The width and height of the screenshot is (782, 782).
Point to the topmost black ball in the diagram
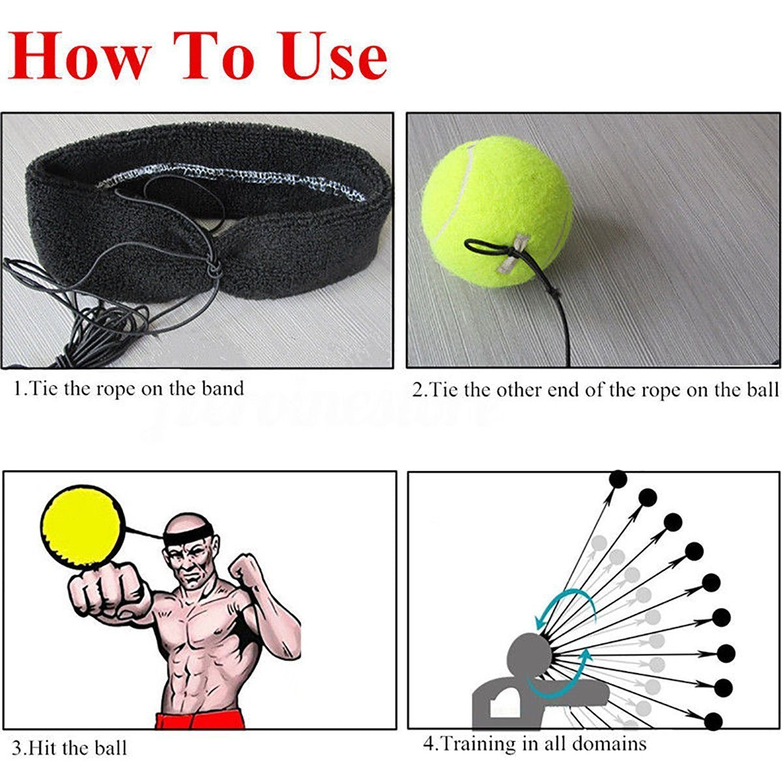pyautogui.click(x=618, y=480)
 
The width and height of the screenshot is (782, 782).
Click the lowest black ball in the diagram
pyautogui.click(x=714, y=721)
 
